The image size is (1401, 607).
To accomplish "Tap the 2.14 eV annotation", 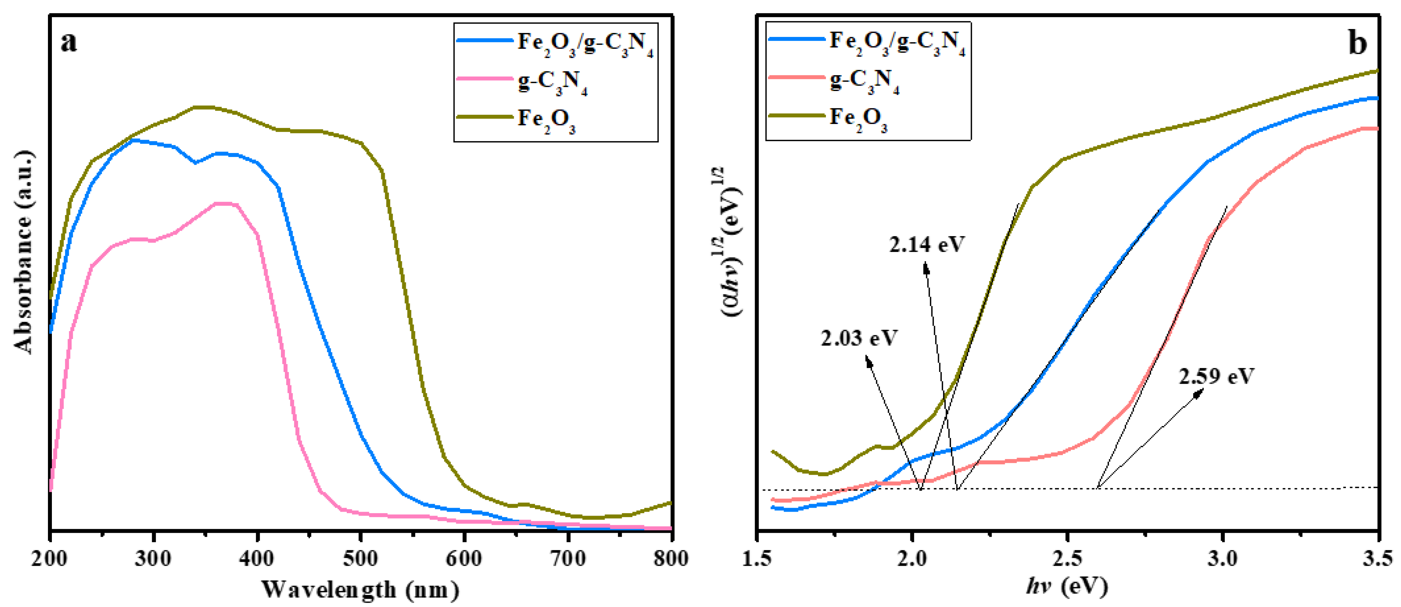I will click(927, 244).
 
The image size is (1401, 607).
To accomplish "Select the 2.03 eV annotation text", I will click(859, 338).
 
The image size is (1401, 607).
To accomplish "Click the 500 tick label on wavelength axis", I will click(361, 559).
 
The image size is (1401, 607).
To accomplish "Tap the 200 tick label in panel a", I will click(50, 559).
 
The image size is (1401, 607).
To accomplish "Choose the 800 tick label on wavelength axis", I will click(671, 559).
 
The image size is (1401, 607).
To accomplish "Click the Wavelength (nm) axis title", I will click(360, 589).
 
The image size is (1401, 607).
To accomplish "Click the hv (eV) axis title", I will click(1067, 586).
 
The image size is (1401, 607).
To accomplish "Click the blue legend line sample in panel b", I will click(796, 39).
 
